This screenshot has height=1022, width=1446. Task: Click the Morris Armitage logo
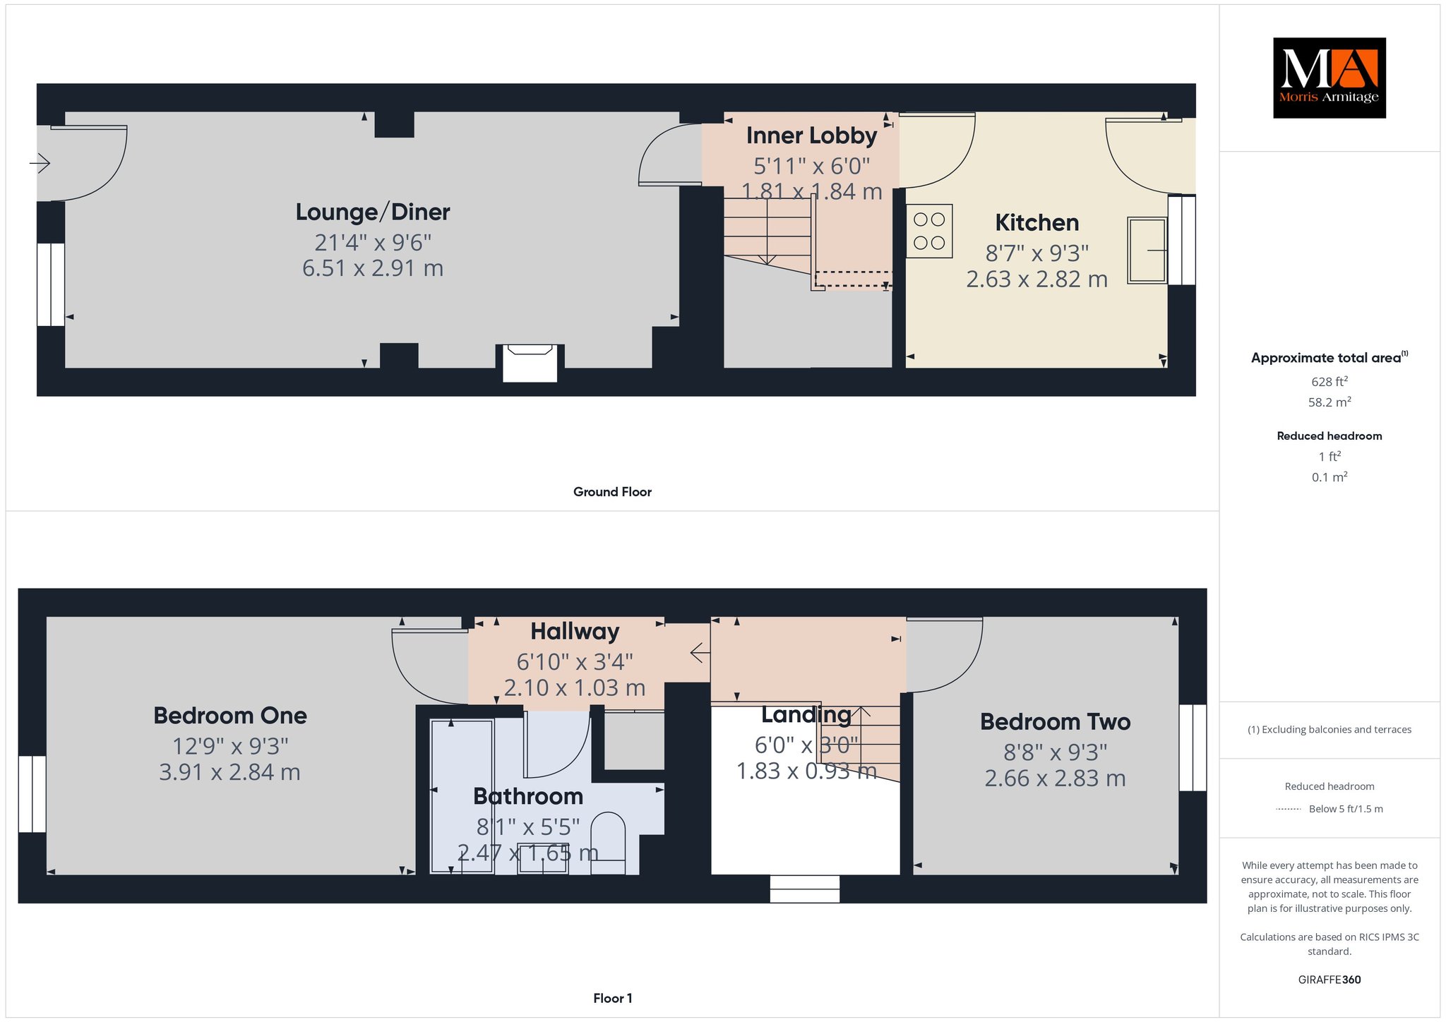pos(1329,78)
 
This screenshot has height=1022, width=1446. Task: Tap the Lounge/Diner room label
pos(373,212)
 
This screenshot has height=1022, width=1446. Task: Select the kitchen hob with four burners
pos(929,231)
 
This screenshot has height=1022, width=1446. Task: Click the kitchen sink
pos(1147,250)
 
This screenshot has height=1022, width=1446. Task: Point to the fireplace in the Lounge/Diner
pos(530,363)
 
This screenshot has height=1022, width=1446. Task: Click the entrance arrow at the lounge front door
pos(40,164)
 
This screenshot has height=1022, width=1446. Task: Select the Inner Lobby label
pos(811,135)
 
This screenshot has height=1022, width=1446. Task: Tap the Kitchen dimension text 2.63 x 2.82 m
pos(1036,279)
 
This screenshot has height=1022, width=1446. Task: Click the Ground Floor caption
pos(612,492)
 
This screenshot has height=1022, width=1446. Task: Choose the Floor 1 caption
pos(612,998)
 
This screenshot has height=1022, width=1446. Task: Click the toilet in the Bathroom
pos(608,843)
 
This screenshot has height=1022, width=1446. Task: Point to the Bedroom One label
pos(230,716)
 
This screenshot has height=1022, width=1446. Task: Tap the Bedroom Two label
pos(1055,721)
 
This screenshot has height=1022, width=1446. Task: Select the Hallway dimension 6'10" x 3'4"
pos(575,661)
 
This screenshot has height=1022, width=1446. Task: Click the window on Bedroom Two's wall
pos(1193,747)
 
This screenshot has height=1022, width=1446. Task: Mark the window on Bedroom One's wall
pos(32,794)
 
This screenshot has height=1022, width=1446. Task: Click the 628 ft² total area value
pos(1330,381)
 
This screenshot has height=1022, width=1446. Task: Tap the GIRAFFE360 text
pos(1330,980)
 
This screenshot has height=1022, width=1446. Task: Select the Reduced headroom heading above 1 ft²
pos(1330,435)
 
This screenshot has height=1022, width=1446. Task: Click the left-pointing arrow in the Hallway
pos(700,653)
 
